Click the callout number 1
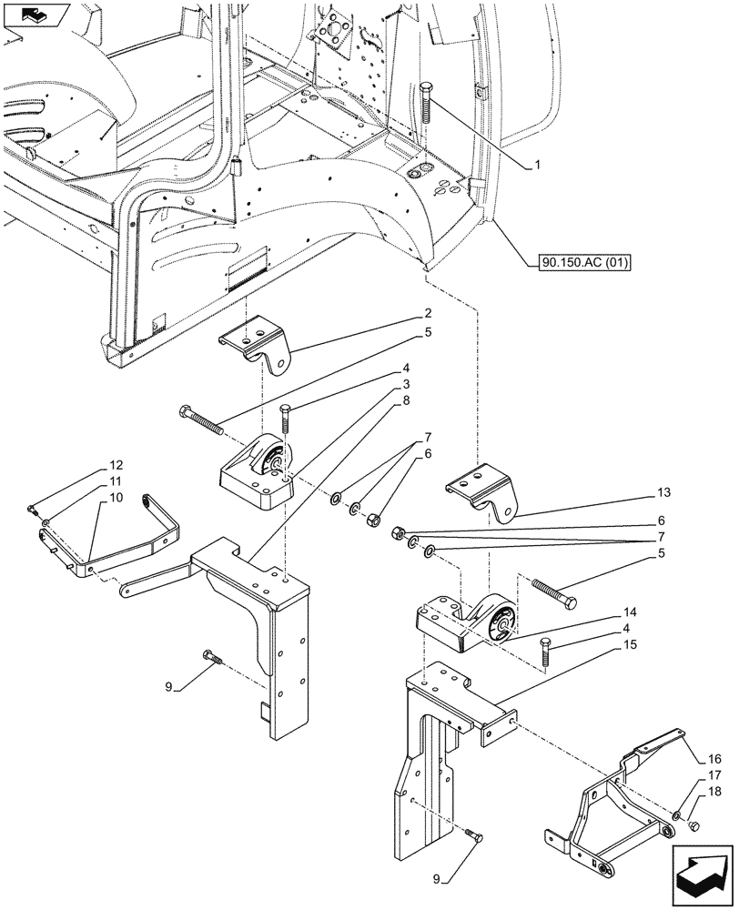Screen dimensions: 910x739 pos(538,165)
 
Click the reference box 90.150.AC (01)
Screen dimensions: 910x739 pos(579,263)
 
